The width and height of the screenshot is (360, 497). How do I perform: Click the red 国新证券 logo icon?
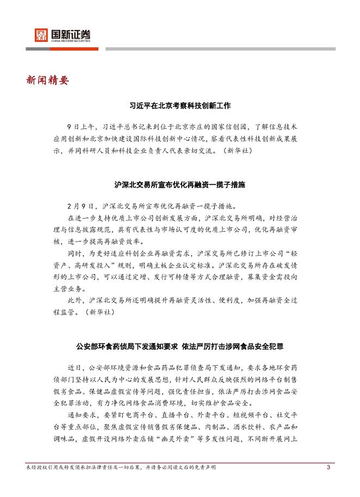click(x=41, y=35)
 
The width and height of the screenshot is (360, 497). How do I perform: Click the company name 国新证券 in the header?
click(x=71, y=33)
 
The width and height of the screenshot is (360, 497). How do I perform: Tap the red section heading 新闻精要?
click(x=47, y=80)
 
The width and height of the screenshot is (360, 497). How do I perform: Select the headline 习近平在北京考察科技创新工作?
click(x=180, y=105)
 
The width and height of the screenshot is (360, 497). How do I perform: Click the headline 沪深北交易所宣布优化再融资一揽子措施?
click(x=180, y=185)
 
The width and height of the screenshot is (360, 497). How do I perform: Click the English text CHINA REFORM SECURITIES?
click(x=71, y=40)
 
